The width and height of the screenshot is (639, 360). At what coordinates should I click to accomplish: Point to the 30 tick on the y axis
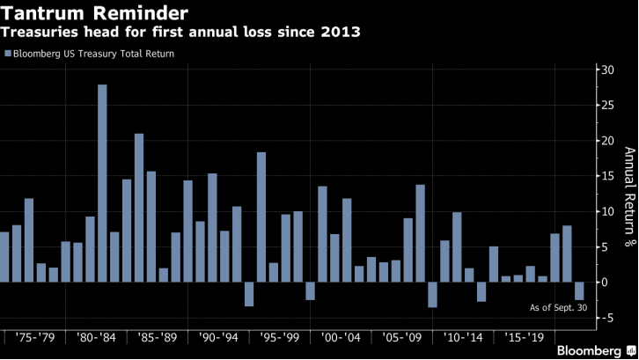[606, 70]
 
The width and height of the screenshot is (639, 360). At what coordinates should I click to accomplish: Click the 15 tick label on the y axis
[606, 177]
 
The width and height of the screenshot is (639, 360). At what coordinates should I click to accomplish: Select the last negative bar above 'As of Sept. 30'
[579, 290]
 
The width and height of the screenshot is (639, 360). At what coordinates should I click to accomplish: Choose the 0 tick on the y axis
[603, 283]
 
